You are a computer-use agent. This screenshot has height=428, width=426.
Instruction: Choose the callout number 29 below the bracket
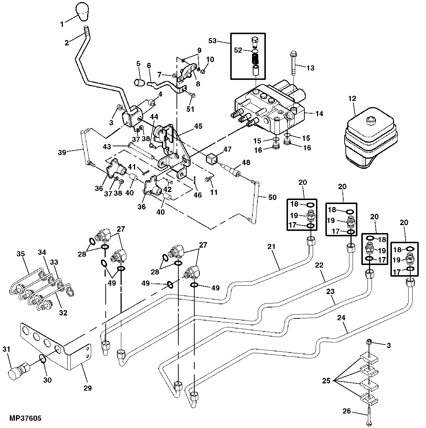click(86, 388)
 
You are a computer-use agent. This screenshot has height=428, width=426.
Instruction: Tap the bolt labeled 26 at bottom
click(369, 414)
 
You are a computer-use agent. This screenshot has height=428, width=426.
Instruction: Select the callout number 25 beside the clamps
click(326, 381)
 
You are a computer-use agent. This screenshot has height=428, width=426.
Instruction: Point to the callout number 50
click(272, 197)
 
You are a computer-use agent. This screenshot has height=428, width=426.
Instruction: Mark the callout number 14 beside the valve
click(319, 114)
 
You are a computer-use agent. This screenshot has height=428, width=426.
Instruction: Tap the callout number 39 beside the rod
click(62, 153)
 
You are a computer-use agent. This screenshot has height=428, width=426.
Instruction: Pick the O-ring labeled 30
click(42, 359)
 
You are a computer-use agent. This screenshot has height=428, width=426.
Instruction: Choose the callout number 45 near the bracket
click(198, 126)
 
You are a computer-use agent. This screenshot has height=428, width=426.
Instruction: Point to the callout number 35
click(21, 254)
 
